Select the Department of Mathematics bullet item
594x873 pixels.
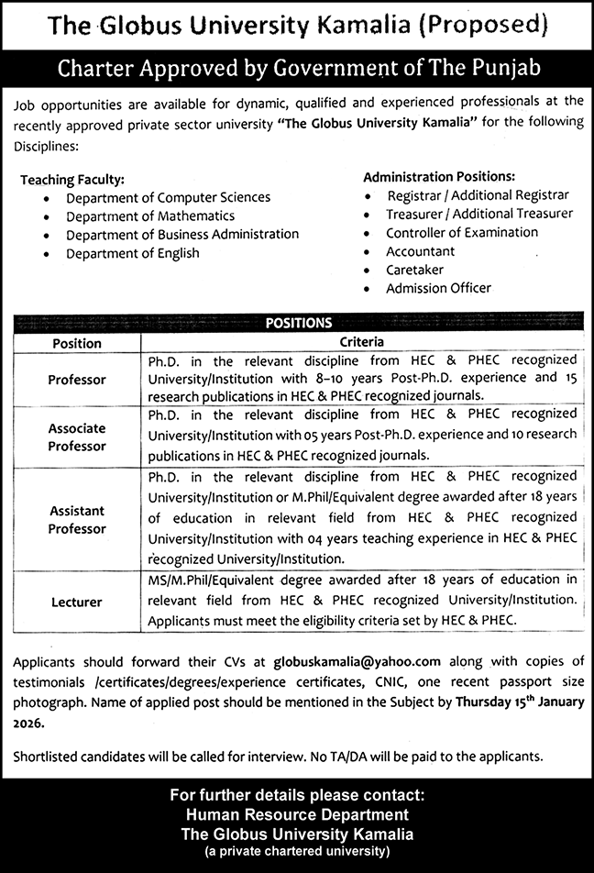pyautogui.click(x=150, y=215)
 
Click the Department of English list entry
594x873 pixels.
pyautogui.click(x=133, y=253)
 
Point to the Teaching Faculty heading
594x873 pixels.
pyautogui.click(x=72, y=180)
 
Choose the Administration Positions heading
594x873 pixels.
pyautogui.click(x=439, y=176)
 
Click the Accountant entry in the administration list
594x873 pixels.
pyautogui.click(x=420, y=250)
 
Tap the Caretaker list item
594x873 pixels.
pyautogui.click(x=414, y=270)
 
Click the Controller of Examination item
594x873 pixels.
pyautogui.click(x=462, y=232)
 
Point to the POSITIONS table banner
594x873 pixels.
pyautogui.click(x=298, y=323)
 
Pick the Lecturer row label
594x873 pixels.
pyautogui.click(x=77, y=602)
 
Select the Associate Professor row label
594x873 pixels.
pyautogui.click(x=77, y=436)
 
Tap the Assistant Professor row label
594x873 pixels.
pyautogui.click(x=77, y=519)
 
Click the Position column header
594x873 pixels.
pyautogui.click(x=77, y=342)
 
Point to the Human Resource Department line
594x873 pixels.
pyautogui.click(x=297, y=814)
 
